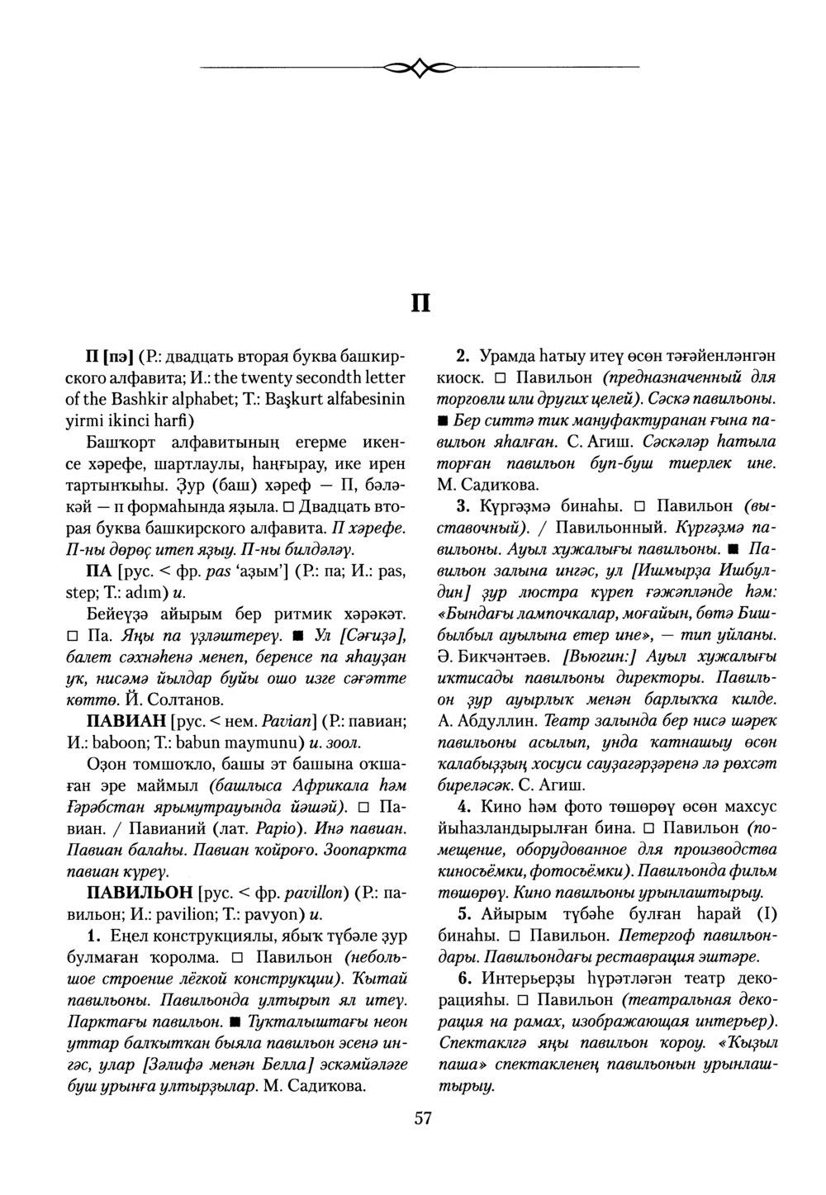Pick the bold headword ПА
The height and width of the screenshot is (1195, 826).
pyautogui.click(x=101, y=571)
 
